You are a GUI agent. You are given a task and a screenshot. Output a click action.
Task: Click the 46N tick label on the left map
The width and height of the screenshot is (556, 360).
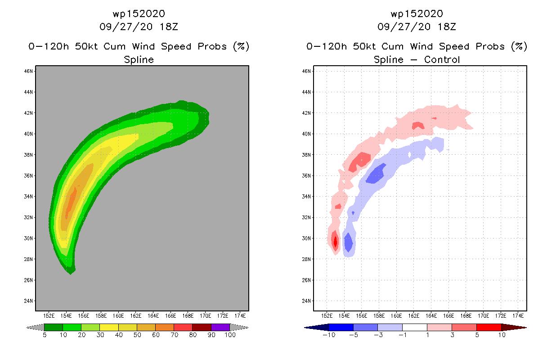pos(28,71)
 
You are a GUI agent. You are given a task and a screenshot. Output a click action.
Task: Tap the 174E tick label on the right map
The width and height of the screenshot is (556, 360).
pos(518,315)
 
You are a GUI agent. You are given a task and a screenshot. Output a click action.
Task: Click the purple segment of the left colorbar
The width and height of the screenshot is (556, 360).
pos(220,327)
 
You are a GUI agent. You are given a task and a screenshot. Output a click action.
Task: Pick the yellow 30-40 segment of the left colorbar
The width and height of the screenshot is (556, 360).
pos(109,327)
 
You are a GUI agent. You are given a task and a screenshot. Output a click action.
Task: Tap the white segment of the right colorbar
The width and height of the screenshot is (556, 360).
pos(414,327)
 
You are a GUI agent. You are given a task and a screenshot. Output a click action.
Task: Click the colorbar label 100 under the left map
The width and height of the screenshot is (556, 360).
pos(229,335)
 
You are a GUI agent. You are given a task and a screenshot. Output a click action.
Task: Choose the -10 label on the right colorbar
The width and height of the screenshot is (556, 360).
pos(329,335)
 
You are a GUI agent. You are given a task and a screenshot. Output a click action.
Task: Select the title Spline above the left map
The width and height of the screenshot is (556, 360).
pos(139,59)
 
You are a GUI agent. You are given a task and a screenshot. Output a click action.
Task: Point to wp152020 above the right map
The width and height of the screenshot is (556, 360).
pos(417,13)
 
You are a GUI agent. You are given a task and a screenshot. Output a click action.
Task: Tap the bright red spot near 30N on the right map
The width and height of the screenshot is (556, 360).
pos(335,241)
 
